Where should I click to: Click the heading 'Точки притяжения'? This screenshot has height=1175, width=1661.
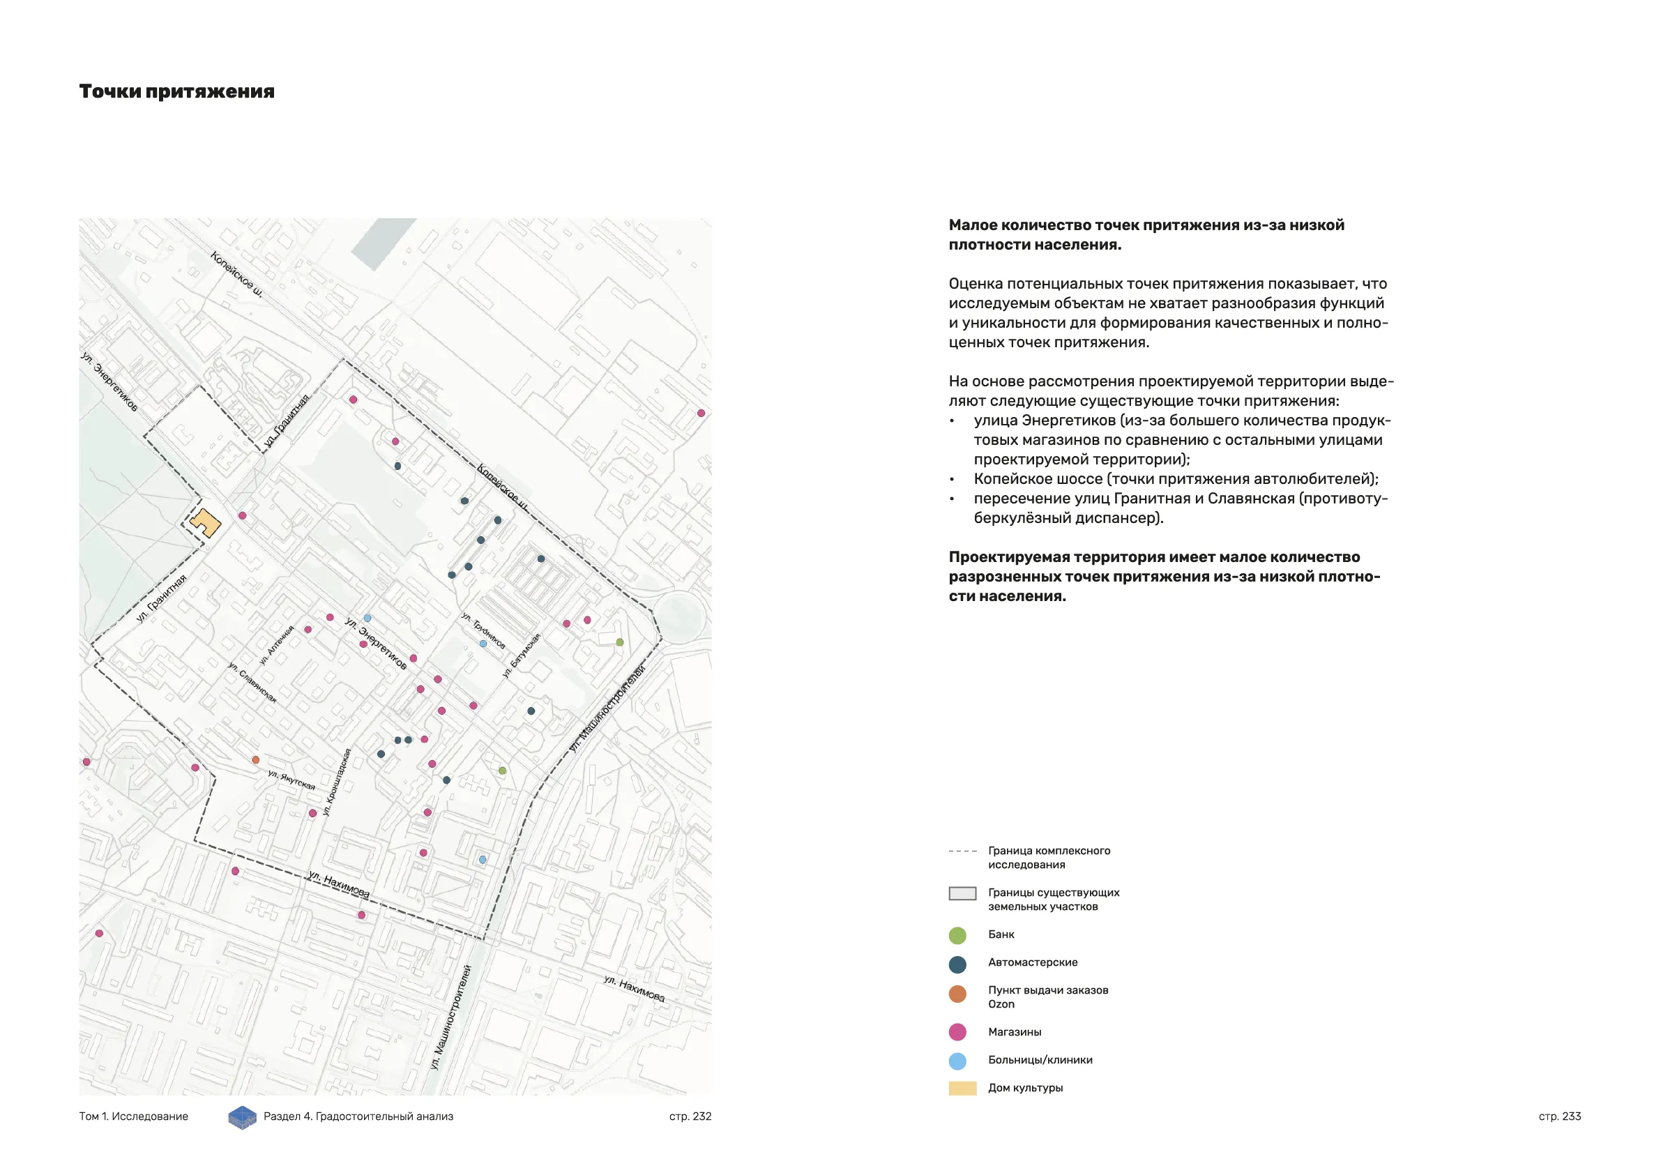click(x=176, y=92)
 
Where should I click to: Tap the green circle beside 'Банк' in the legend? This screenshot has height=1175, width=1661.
click(x=957, y=936)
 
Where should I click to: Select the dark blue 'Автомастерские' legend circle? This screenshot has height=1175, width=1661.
click(x=957, y=964)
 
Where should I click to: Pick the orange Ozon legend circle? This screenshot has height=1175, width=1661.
click(x=957, y=994)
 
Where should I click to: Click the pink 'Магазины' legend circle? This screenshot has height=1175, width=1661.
click(x=957, y=1033)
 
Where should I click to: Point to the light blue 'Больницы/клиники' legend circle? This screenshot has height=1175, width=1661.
click(x=957, y=1061)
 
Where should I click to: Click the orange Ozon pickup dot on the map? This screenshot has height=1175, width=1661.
click(x=255, y=759)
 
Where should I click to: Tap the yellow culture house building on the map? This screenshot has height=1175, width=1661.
click(x=206, y=522)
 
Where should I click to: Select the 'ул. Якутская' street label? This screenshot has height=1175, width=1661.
click(x=291, y=780)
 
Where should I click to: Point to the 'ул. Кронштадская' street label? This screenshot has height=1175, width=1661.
click(x=337, y=782)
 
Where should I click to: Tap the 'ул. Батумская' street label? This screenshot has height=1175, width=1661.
click(x=522, y=655)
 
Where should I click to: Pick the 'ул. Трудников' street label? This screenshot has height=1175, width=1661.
click(x=483, y=630)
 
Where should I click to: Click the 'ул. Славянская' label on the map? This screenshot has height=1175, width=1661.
click(x=252, y=681)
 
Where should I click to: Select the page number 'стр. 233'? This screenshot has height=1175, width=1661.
click(x=1559, y=1116)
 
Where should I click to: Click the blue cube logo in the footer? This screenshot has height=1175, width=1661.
click(x=243, y=1117)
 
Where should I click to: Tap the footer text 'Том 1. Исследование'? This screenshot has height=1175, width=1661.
click(x=134, y=1116)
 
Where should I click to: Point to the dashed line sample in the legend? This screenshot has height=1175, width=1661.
click(x=962, y=851)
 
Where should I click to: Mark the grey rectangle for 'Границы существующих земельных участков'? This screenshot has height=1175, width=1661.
click(x=962, y=893)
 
